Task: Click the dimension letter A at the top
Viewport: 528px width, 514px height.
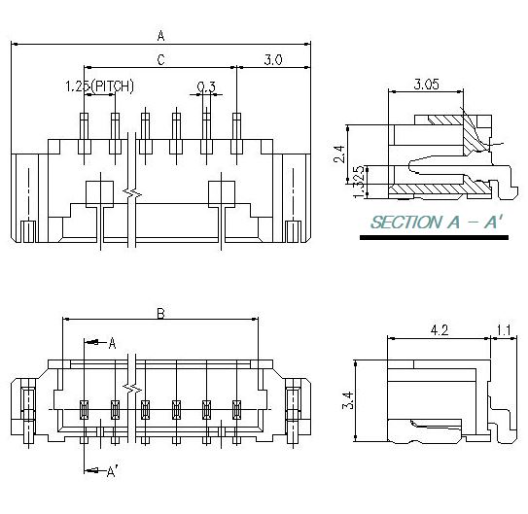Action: point(160,35)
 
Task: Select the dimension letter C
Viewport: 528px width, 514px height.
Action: point(160,60)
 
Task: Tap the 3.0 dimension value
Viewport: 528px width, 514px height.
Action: point(273,60)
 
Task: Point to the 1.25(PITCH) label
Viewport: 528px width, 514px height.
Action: point(99,86)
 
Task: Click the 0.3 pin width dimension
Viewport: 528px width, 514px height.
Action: point(206,86)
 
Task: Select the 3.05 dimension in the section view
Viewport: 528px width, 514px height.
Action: point(426,85)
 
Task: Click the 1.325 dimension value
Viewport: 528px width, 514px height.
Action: point(361,181)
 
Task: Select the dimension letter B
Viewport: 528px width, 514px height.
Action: point(160,313)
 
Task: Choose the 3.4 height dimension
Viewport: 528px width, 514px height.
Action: point(347,399)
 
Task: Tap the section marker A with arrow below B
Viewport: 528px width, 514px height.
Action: point(111,343)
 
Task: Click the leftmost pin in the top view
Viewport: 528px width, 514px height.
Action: point(84,133)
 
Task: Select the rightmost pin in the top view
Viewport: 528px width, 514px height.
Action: point(236,133)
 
